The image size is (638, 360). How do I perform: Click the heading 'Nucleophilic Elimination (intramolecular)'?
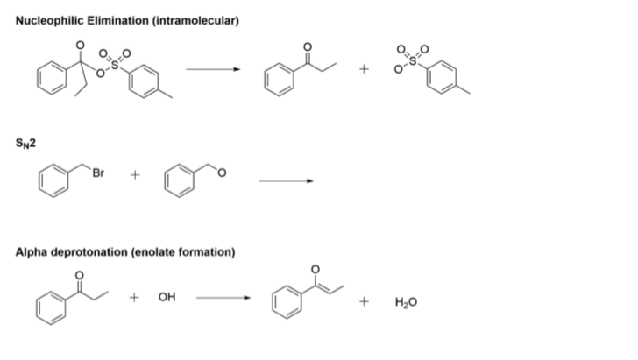click(127, 20)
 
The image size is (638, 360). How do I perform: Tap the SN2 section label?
click(25, 143)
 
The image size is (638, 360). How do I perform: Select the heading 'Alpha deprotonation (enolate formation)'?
click(125, 252)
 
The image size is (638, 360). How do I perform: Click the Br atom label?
click(98, 173)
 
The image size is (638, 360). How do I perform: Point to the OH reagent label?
click(167, 297)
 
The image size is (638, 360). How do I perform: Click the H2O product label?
click(406, 302)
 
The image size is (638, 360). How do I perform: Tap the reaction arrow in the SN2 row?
click(287, 181)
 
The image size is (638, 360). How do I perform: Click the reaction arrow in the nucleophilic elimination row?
click(213, 69)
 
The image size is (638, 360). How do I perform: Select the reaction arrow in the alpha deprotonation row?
click(223, 298)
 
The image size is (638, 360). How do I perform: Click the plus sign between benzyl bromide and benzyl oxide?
click(135, 175)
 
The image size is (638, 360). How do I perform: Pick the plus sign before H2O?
click(365, 301)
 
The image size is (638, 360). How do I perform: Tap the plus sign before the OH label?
click(134, 298)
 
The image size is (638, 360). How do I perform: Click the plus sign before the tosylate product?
click(365, 69)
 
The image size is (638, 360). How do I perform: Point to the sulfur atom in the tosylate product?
click(413, 60)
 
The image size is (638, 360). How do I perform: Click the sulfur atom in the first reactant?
click(115, 65)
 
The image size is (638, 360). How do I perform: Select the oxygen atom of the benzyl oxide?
click(222, 173)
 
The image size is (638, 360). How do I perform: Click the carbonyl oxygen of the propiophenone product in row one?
click(308, 47)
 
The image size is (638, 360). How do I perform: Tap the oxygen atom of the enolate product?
click(315, 269)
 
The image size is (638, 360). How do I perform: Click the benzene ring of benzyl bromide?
click(53, 181)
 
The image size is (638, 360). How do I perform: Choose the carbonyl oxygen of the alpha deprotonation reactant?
click(80, 276)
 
